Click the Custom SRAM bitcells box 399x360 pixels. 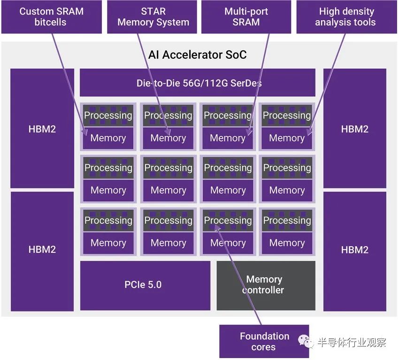pyautogui.click(x=52, y=17)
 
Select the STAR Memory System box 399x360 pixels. pyautogui.click(x=152, y=17)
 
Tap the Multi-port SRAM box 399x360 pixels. pyautogui.click(x=246, y=17)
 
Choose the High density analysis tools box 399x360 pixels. pyautogui.click(x=346, y=17)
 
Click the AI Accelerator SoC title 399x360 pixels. pyautogui.click(x=197, y=55)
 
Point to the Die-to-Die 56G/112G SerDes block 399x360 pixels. pyautogui.click(x=198, y=83)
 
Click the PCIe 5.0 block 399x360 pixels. pyautogui.click(x=145, y=285)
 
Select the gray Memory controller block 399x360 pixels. pyautogui.click(x=266, y=285)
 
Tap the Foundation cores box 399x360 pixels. pyautogui.click(x=264, y=341)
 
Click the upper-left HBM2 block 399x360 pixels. pyautogui.click(x=42, y=128)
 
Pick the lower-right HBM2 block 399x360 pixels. pyautogui.click(x=355, y=251)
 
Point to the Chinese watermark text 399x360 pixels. pyautogui.click(x=352, y=342)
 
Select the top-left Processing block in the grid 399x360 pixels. pyautogui.click(x=108, y=116)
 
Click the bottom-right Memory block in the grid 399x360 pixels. pyautogui.click(x=287, y=243)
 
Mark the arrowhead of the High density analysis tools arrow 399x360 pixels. pyautogui.click(x=309, y=133)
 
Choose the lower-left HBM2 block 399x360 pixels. pyautogui.click(x=42, y=251)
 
